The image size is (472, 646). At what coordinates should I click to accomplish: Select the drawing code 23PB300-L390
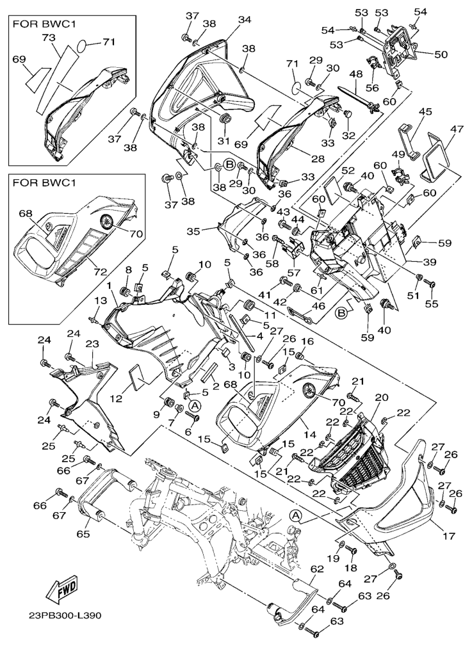[65, 617]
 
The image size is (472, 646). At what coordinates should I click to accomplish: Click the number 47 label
[457, 130]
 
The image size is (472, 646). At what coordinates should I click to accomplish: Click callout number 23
[92, 344]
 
